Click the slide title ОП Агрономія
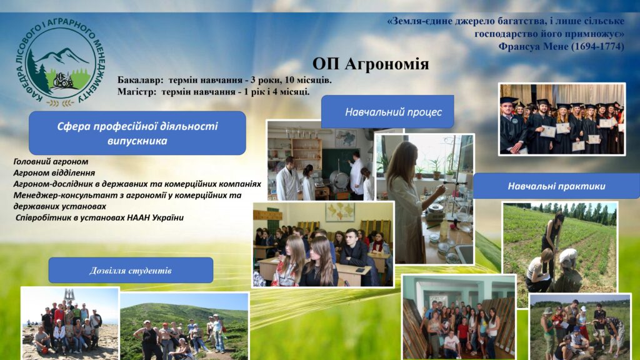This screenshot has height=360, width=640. click(x=371, y=64)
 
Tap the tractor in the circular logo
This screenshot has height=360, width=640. click(x=62, y=79)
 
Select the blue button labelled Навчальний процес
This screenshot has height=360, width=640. click(x=387, y=112)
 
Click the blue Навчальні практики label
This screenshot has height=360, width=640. click(x=556, y=186)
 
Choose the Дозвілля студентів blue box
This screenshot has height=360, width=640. click(x=131, y=270)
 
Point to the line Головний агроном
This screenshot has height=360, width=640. click(x=51, y=162)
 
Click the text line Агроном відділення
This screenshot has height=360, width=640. click(x=54, y=172)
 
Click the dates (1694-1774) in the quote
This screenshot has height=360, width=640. click(x=597, y=46)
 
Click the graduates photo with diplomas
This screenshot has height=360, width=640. click(x=562, y=119)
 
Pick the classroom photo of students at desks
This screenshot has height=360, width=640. click(x=323, y=244)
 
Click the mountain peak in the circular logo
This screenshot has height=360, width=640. click(x=62, y=51)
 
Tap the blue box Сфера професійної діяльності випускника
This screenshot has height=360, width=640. click(x=137, y=133)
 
